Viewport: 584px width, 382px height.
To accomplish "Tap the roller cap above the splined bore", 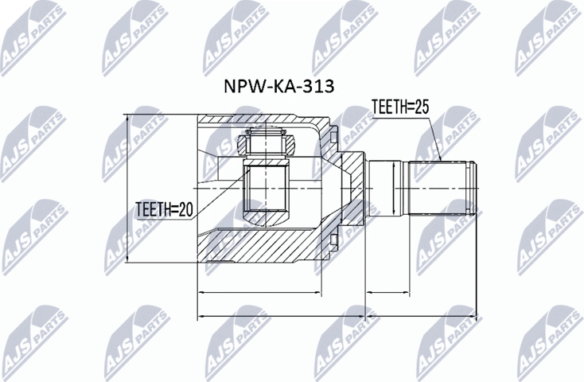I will (266, 143).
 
